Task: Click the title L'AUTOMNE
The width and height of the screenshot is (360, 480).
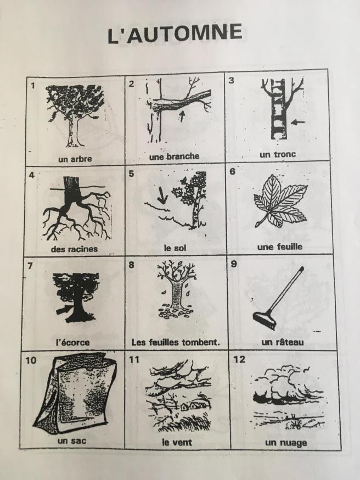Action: [x=175, y=34]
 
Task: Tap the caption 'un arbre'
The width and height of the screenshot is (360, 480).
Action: [x=75, y=159]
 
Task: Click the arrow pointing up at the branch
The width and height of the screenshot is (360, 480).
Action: [x=182, y=116]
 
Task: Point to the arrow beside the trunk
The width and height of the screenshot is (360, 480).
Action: [x=297, y=122]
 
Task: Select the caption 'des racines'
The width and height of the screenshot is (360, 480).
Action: [x=74, y=249]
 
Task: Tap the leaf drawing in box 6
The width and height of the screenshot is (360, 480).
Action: [x=280, y=201]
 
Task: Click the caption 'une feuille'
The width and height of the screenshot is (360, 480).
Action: [x=280, y=247]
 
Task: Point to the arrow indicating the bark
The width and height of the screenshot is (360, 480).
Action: [x=63, y=310]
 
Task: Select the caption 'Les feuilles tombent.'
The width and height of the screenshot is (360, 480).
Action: [x=176, y=342]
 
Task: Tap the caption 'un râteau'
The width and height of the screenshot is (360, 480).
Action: [x=282, y=342]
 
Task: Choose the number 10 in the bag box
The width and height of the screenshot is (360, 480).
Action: [x=31, y=360]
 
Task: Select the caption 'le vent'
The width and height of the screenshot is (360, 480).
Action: [x=177, y=442]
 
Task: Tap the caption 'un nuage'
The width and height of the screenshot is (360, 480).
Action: [x=286, y=443]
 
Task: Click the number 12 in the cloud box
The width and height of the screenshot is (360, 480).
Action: [x=239, y=359]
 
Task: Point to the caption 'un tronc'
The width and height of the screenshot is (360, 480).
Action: [x=278, y=154]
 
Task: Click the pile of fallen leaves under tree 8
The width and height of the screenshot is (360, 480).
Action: [x=176, y=311]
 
